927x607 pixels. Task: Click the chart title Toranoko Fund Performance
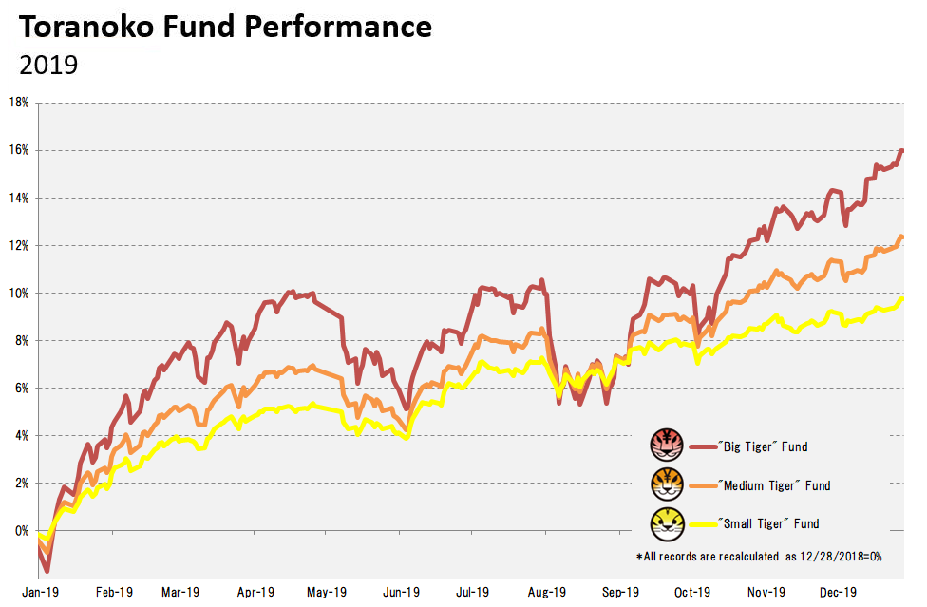225,28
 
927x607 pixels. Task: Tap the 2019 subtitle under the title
48,65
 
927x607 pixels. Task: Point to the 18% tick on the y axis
19,103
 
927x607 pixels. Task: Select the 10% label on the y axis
19,294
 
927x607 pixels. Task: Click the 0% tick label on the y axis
22,531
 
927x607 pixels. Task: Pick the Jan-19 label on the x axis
41,592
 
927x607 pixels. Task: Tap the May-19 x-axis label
327,592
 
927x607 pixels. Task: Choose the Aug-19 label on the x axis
547,592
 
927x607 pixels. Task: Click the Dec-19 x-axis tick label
839,592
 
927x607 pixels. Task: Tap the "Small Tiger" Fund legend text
768,523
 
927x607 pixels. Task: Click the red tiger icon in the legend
667,446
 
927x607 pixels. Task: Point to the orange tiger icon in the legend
667,484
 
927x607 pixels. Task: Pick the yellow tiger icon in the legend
667,523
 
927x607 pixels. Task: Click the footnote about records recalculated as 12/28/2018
759,557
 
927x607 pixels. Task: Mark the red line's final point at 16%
902,151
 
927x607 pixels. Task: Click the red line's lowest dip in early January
47,572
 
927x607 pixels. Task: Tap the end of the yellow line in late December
902,299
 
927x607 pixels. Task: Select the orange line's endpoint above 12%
902,237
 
